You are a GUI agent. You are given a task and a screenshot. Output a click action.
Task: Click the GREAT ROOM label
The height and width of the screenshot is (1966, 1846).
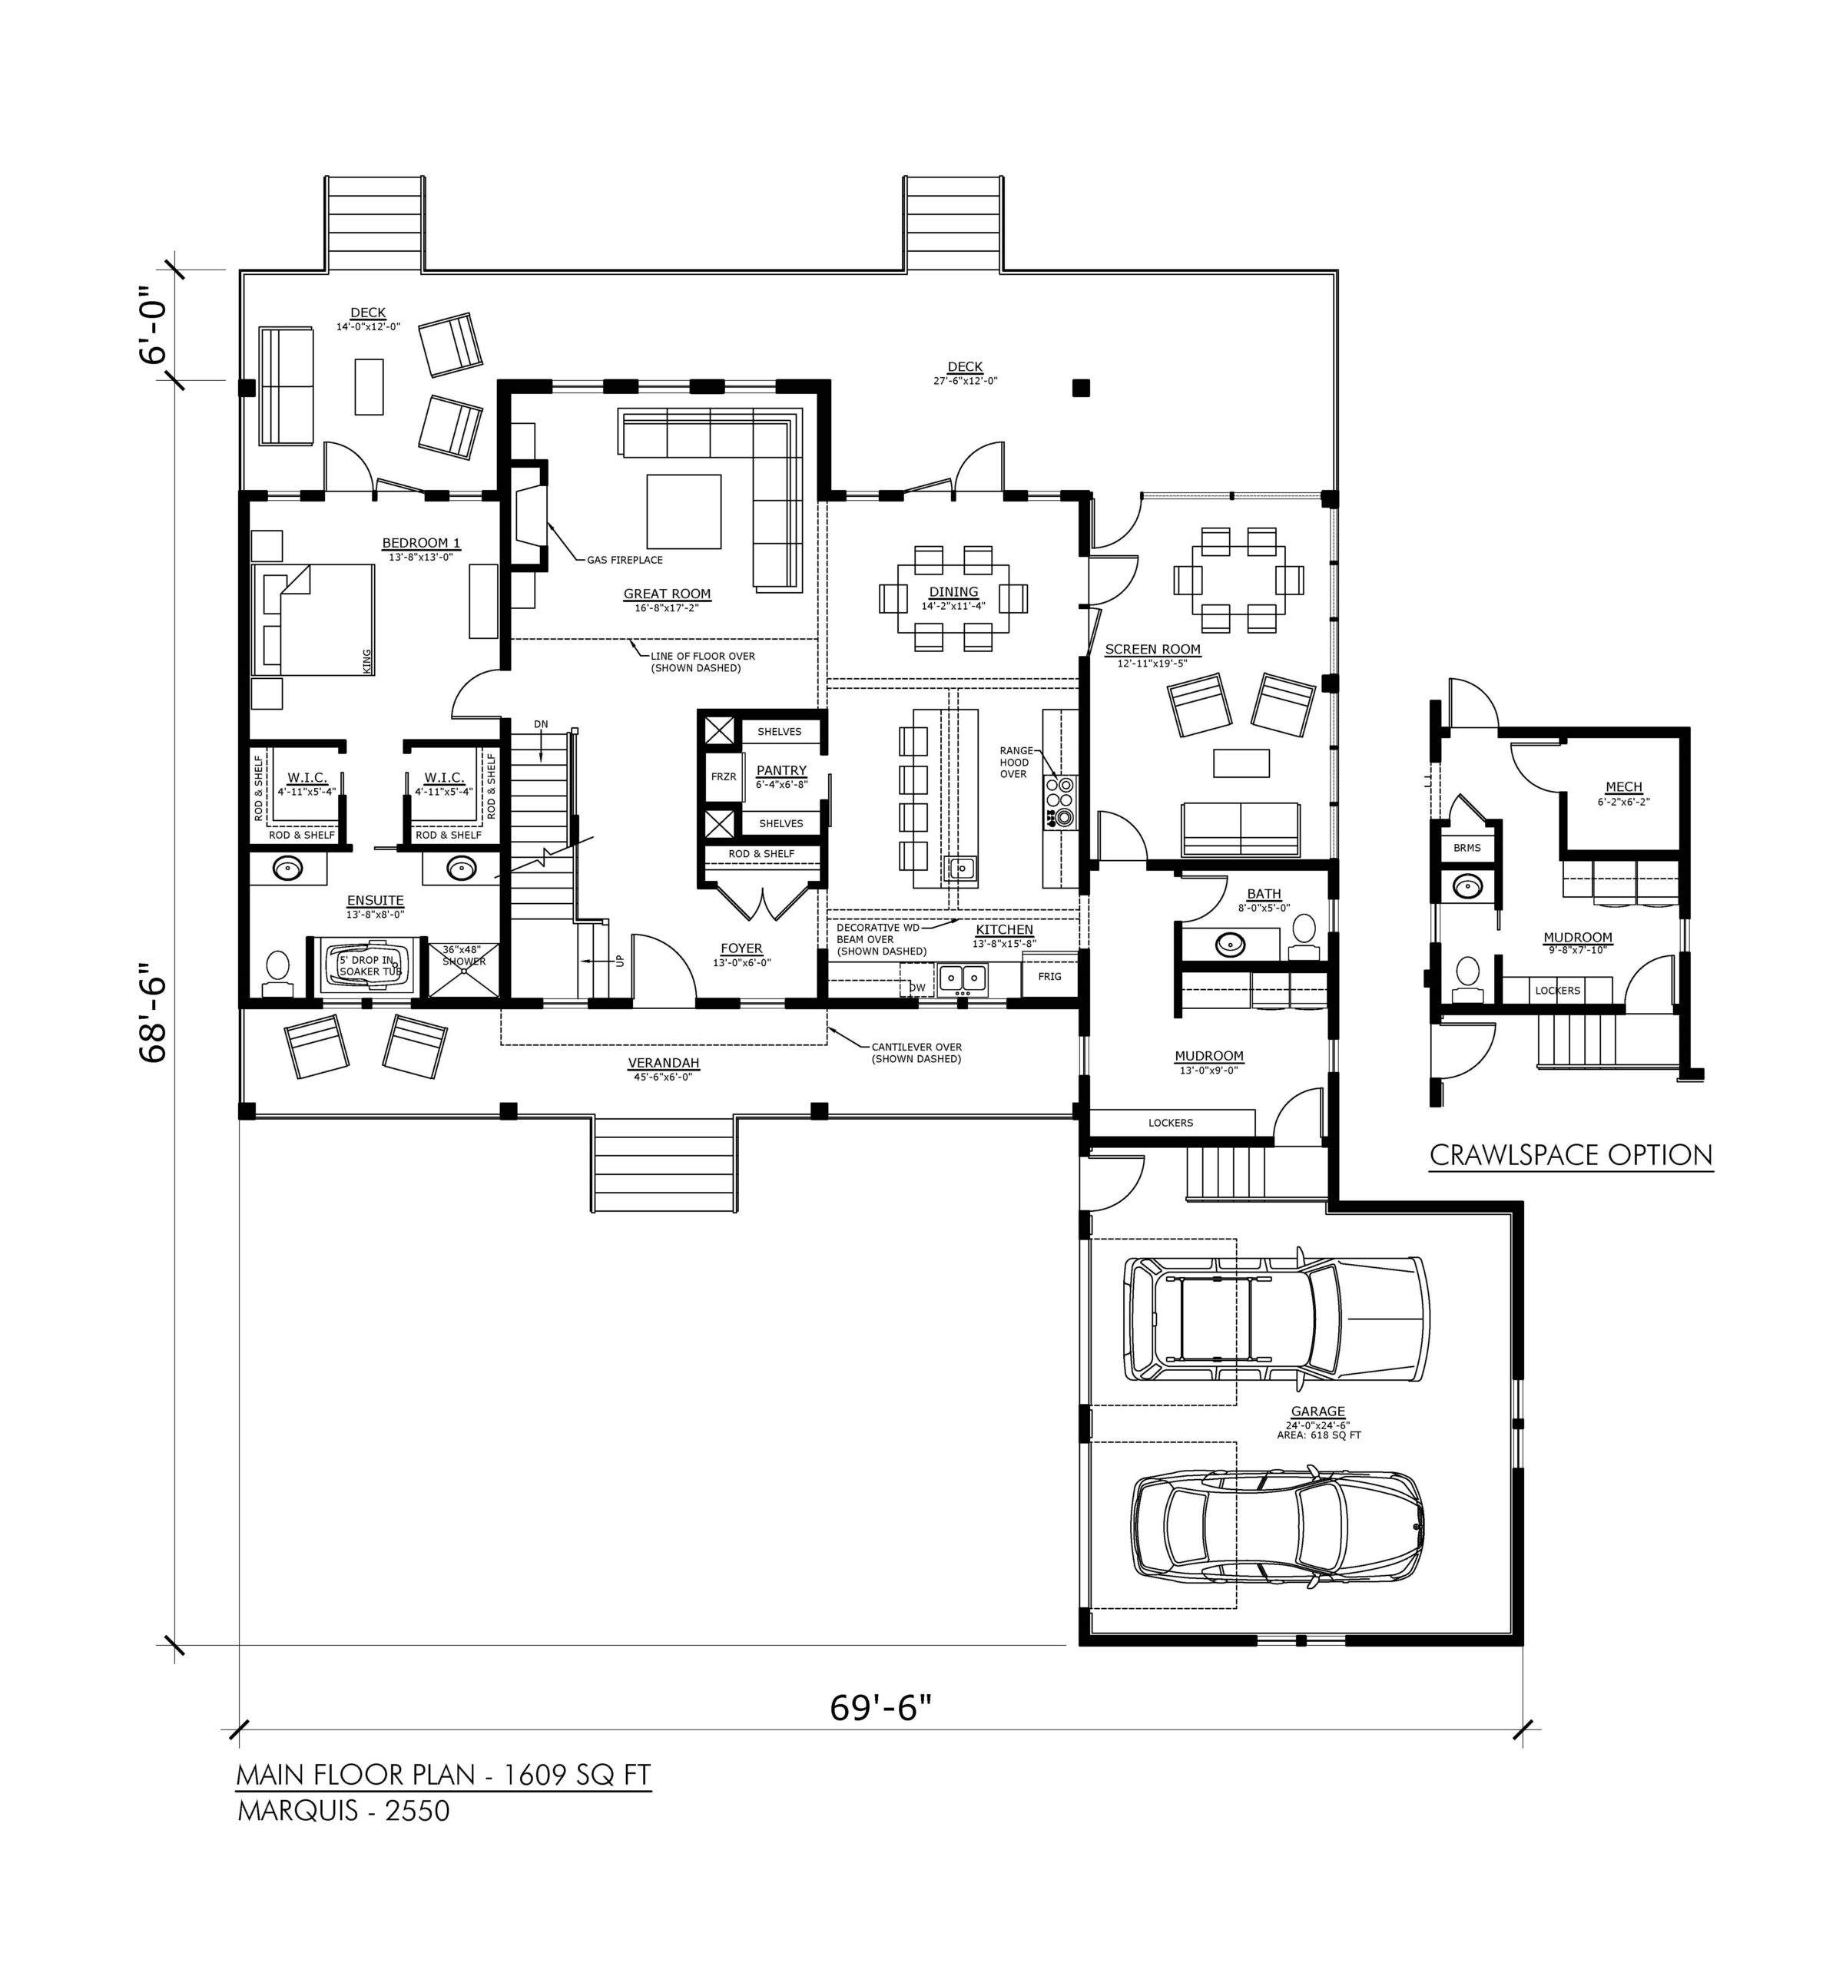coord(667,594)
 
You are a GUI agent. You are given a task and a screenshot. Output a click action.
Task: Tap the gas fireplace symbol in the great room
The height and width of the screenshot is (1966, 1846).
coord(526,515)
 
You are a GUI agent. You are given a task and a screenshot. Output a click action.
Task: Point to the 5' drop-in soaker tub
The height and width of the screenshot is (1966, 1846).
coord(369,966)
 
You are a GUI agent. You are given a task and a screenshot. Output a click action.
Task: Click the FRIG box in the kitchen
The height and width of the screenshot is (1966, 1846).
coord(1049,976)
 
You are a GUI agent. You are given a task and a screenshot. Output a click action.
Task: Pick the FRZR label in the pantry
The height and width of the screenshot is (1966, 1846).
coord(723,777)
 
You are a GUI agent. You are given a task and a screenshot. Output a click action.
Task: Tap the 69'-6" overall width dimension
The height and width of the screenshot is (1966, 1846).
coord(880,1707)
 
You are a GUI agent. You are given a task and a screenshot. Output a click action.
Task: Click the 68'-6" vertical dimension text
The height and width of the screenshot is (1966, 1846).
coord(154,1014)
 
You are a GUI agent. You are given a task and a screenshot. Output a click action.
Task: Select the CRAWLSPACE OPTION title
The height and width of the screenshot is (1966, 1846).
coord(1571,1155)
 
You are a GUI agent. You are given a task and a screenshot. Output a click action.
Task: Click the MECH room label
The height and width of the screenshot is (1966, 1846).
coord(1623,787)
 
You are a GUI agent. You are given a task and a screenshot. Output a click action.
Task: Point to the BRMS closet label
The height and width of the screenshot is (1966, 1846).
coord(1467,848)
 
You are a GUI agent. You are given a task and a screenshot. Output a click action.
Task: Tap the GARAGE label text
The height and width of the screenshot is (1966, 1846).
coord(1317,1412)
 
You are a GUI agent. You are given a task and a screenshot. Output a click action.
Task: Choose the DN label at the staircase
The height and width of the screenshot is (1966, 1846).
coord(540,724)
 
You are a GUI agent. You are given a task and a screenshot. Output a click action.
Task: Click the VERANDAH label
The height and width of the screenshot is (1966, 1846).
coord(664,1063)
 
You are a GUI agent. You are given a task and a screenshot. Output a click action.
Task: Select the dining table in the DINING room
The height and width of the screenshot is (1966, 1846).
coord(953,598)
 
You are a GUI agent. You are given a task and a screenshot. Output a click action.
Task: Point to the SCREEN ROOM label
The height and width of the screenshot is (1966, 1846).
coord(1152,650)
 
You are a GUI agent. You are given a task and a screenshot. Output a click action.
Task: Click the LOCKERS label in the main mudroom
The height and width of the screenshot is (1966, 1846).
coord(1170,1123)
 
